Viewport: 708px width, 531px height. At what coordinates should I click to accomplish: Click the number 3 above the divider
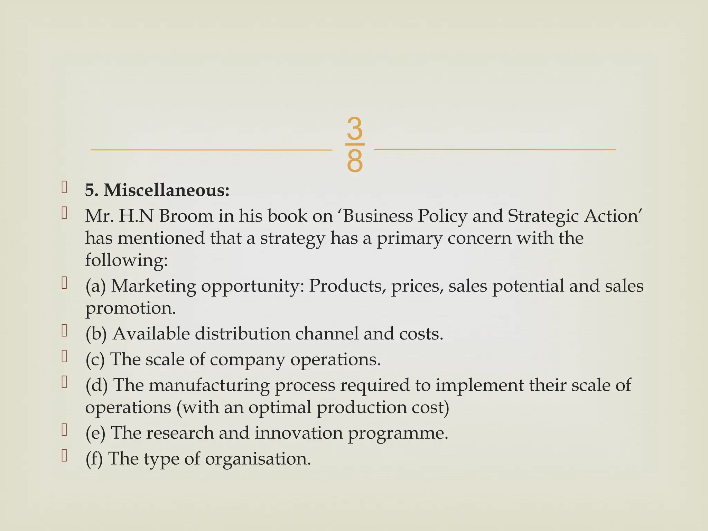coord(354,128)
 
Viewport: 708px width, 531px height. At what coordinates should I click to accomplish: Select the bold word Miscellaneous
coord(166,190)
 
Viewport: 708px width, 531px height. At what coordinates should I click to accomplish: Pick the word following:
coord(126,260)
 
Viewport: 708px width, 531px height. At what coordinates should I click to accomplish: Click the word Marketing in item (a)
coord(153,286)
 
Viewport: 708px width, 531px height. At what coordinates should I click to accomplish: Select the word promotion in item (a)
coord(130,308)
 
